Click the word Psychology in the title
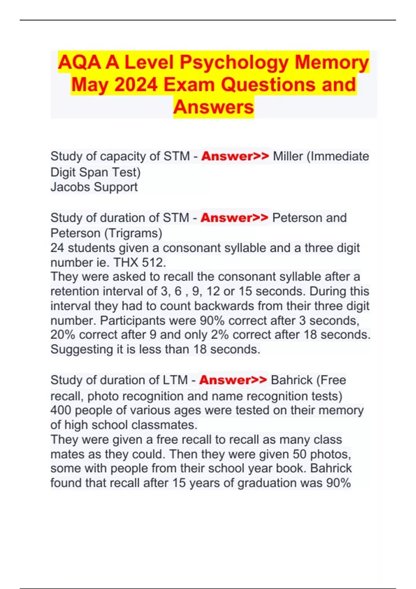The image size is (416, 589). [x=234, y=63]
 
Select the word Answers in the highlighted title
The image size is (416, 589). [x=214, y=107]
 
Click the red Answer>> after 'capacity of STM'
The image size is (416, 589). [x=235, y=156]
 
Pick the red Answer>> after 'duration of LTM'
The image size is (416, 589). [x=233, y=380]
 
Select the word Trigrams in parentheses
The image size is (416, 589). [x=133, y=233]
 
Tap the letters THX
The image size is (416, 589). [x=126, y=263]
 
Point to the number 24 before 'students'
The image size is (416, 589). [x=57, y=248]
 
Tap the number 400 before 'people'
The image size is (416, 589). [x=61, y=411]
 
